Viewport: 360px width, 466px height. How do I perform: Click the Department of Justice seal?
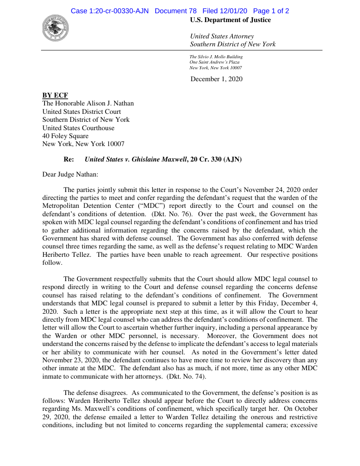56,28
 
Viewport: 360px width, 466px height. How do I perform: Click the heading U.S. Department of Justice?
230,20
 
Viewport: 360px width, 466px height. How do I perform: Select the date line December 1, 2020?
216,79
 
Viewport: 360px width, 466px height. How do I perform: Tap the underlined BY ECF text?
55,95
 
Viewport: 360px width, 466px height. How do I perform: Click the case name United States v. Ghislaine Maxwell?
135,159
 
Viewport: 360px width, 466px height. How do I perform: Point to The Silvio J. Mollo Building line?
216,57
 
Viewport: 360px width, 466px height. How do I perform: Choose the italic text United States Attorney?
222,36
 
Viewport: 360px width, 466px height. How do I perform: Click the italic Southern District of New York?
232,44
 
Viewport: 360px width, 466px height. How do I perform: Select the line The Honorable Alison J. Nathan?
88,104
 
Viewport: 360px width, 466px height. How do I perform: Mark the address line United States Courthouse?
78,128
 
